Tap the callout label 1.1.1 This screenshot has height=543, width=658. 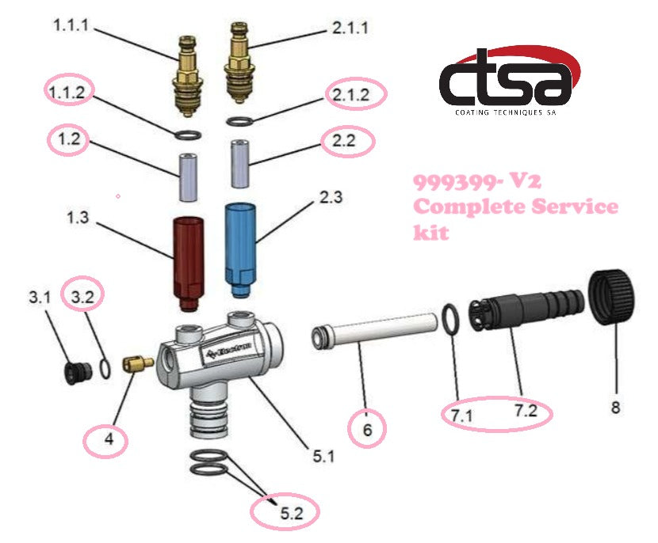click(x=72, y=26)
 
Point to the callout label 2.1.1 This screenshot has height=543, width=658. click(x=350, y=28)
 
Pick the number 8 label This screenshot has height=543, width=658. click(x=616, y=409)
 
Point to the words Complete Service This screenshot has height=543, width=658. click(x=515, y=207)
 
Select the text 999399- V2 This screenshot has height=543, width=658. click(x=476, y=181)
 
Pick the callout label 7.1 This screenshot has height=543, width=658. click(x=463, y=413)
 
